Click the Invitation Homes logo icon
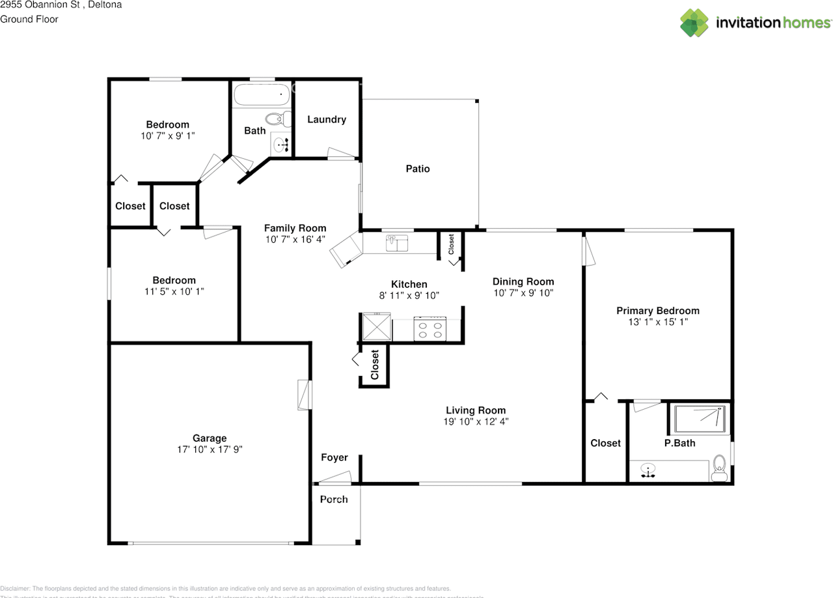click(694, 23)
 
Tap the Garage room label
click(209, 438)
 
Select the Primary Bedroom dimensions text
click(657, 322)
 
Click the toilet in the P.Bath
click(719, 468)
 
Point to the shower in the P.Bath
click(700, 418)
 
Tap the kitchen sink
click(396, 243)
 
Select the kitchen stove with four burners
click(430, 329)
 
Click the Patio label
click(418, 169)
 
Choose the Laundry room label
click(326, 119)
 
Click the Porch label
click(333, 499)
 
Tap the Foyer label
click(335, 457)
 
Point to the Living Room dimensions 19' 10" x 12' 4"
click(475, 421)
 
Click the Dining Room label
click(523, 281)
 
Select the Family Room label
click(295, 228)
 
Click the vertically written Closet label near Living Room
click(375, 365)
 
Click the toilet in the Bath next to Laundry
click(276, 119)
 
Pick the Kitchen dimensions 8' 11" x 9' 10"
click(409, 295)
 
